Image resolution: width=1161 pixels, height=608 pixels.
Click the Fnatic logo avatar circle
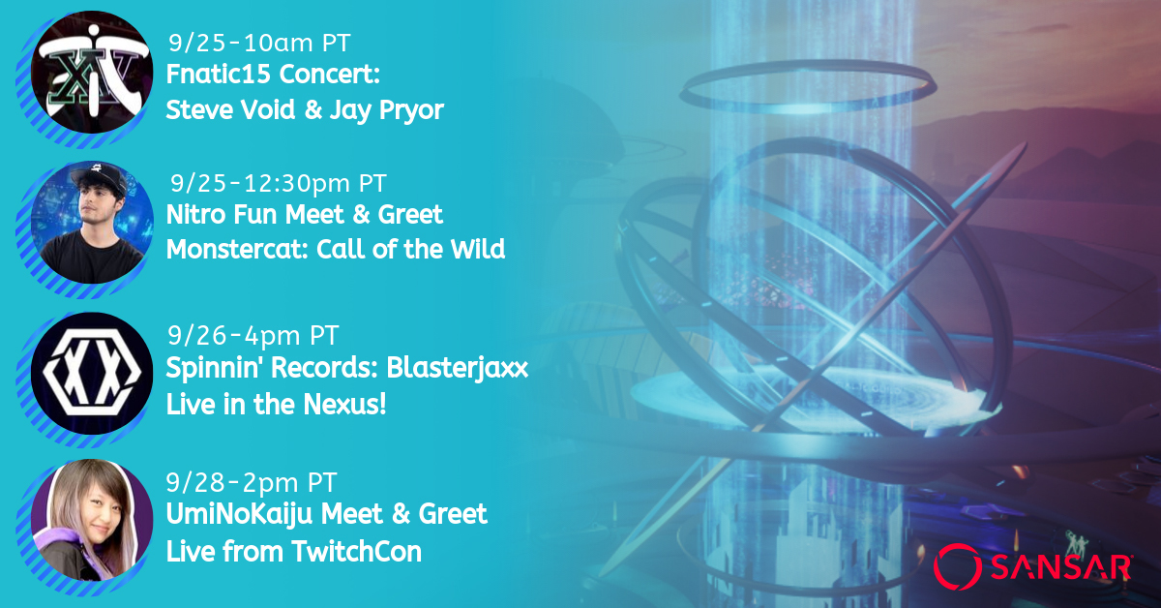point(92,72)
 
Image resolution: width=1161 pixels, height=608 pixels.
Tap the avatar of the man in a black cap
point(92,222)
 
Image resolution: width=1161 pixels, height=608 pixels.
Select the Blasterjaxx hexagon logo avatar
point(92,373)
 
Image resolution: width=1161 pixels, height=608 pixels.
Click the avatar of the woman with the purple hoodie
point(92,520)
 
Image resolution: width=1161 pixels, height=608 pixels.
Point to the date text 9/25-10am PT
point(259,43)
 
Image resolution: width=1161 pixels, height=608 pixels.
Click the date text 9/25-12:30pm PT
point(279,183)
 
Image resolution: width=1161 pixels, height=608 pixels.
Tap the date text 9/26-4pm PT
point(253,336)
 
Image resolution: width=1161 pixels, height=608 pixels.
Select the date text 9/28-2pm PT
point(252,482)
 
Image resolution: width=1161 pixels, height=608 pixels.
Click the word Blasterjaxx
point(457,369)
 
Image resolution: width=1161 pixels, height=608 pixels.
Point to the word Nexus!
point(345,404)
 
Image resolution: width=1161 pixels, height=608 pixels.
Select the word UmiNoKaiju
point(239,515)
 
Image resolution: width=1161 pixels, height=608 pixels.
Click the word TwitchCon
point(357,552)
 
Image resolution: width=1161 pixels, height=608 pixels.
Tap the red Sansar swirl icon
point(958,566)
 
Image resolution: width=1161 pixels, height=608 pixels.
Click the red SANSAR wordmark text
point(1060,567)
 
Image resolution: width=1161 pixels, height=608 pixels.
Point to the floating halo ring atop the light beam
point(808,86)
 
